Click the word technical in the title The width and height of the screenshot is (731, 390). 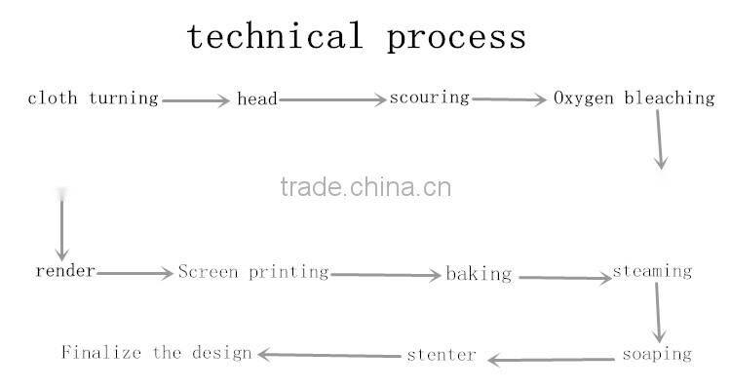(x=274, y=36)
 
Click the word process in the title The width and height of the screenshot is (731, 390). (x=456, y=38)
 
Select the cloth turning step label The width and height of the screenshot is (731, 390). (x=93, y=98)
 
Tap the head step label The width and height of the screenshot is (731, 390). (x=257, y=98)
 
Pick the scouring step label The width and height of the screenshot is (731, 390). (x=430, y=97)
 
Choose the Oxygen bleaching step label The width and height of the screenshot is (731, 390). (x=635, y=98)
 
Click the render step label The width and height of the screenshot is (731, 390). (x=65, y=271)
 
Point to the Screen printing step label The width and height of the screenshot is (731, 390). (x=253, y=272)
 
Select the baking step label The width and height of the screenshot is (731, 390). (x=479, y=274)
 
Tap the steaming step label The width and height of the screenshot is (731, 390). (x=652, y=271)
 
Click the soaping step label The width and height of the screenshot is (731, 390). (x=656, y=354)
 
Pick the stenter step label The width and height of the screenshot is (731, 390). (x=442, y=354)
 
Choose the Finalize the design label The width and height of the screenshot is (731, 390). (x=157, y=352)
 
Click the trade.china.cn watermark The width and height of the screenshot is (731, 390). (x=365, y=186)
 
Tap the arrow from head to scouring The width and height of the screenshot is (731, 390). (x=332, y=99)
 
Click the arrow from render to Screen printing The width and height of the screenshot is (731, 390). (x=135, y=274)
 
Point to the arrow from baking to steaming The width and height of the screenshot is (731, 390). (x=564, y=278)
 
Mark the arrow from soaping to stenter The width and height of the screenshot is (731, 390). (x=550, y=360)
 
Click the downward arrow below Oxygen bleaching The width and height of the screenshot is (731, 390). (x=660, y=138)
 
